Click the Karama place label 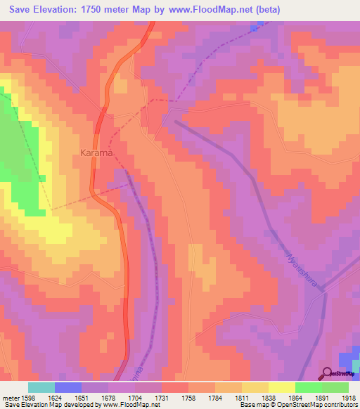pyautogui.click(x=97, y=152)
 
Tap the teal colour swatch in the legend pyautogui.click(x=41, y=387)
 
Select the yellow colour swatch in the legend pyautogui.click(x=281, y=387)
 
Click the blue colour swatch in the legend pyautogui.click(x=68, y=387)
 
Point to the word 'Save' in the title pyautogui.click(x=24, y=9)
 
